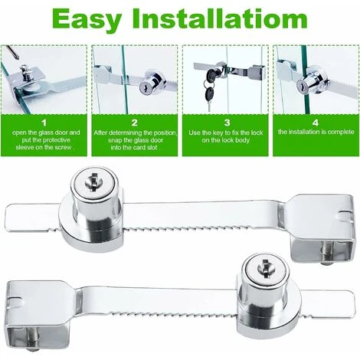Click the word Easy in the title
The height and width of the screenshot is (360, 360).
[x=87, y=20]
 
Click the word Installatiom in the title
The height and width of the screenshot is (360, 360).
[x=220, y=18]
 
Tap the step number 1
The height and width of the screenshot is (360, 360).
[x=44, y=123]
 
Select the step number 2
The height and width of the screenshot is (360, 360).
[x=135, y=123]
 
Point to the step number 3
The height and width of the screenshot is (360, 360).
[x=227, y=123]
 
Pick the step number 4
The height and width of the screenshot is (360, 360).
[x=316, y=123]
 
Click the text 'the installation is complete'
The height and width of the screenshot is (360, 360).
[x=316, y=132]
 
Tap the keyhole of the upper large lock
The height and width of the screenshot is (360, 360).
[x=94, y=182]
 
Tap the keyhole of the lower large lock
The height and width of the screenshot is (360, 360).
[x=266, y=268]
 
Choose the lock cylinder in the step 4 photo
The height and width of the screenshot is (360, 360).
[x=309, y=81]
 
